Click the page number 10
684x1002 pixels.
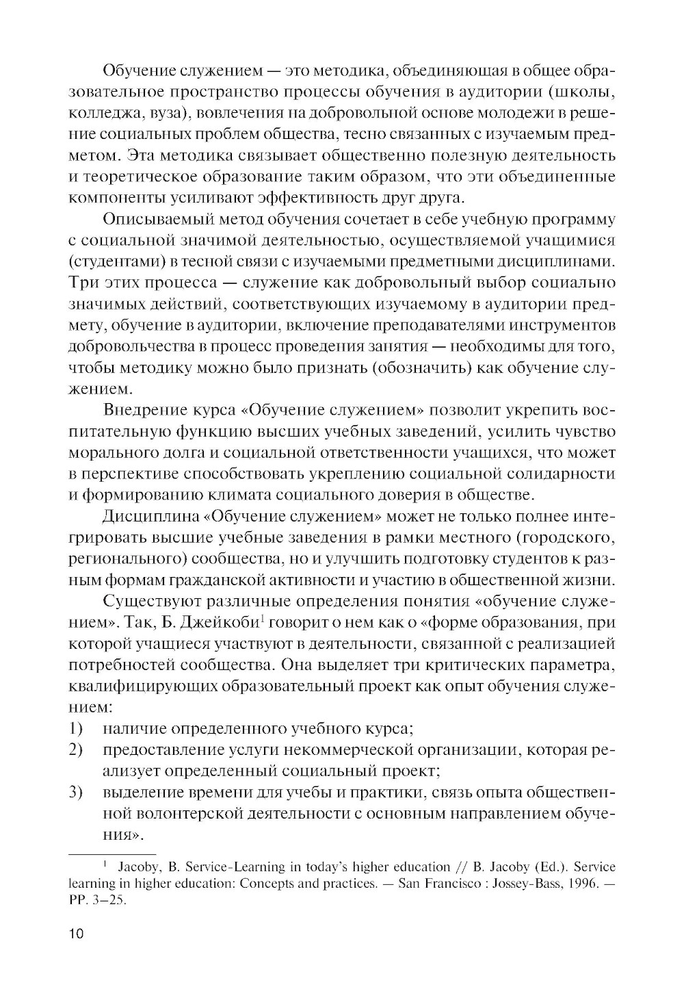76,935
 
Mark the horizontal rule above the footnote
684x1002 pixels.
113,854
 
